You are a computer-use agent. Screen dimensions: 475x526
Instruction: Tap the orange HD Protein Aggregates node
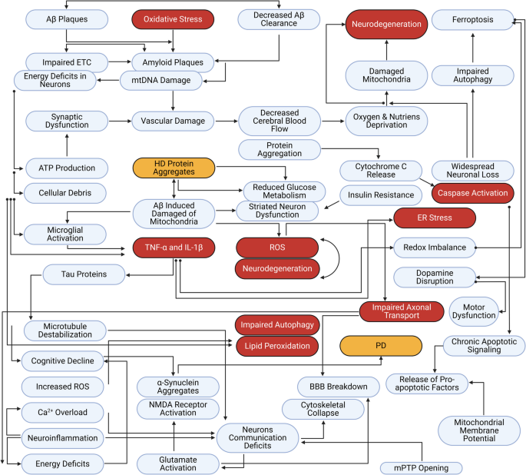(173, 169)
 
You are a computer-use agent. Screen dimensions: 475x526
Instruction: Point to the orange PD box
(380, 346)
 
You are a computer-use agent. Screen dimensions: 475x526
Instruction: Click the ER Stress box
(435, 219)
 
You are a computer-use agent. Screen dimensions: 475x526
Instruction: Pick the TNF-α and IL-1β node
(174, 247)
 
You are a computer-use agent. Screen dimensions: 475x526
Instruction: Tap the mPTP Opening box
(422, 467)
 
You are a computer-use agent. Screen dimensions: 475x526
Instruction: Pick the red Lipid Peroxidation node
(276, 346)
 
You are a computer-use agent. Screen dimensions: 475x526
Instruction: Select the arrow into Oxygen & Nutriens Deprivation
(332, 121)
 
